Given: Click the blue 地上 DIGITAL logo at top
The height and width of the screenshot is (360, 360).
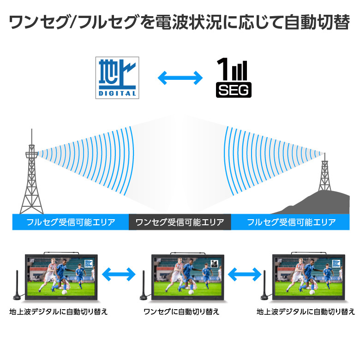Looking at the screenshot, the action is pos(117,78).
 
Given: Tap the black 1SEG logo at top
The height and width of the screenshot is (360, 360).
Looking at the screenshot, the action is pos(234,78).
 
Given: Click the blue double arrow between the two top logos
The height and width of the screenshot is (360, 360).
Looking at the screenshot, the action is pos(180,78).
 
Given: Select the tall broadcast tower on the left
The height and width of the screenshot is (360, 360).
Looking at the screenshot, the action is pos(32,174).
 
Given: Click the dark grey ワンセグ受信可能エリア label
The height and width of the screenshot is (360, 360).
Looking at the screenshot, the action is pos(180,222).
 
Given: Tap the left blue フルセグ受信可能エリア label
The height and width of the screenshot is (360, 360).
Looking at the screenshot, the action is pos(71,222).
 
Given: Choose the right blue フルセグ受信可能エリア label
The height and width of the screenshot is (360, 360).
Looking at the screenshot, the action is pos(290,222).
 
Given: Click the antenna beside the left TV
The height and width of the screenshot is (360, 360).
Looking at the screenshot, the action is pos(17,285).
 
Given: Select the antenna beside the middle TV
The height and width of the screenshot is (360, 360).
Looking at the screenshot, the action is pos(144,285).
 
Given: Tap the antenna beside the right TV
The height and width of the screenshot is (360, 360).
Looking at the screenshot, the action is pos(265,285).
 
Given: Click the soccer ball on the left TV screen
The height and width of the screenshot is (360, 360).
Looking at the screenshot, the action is pos(64,292).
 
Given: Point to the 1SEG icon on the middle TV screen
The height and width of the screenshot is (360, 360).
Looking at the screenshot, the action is pos(214,264).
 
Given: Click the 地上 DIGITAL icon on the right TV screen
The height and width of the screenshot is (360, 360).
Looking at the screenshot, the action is pos(336,264).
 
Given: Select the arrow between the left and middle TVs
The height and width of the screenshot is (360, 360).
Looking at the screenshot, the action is pos(119,274).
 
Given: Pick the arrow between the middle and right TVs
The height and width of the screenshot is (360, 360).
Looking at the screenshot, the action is pos(245,274).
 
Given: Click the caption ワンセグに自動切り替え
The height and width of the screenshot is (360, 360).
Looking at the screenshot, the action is pos(181,312).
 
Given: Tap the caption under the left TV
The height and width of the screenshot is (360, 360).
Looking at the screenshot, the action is pos(58,312).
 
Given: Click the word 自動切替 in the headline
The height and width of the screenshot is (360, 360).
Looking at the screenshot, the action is pos(317,22).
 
